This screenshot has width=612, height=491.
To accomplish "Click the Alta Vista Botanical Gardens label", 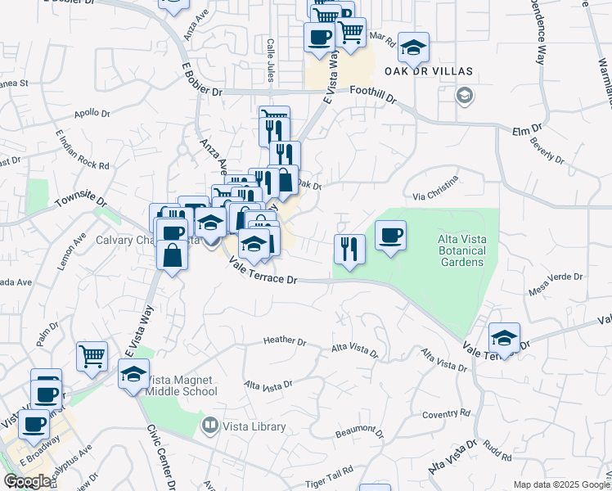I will pos(462,250).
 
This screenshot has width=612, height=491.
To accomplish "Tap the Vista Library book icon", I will pos(210,426).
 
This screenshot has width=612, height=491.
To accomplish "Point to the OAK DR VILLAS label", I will pos(434,71).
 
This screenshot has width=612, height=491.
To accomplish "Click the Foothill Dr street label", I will pos(372,95).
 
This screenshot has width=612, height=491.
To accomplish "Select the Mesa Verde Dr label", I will pos(556,282).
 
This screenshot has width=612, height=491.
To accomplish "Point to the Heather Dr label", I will pos(285,341).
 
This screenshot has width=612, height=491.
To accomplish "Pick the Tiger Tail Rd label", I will pos(331,471).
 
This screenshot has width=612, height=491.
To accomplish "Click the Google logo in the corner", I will pos(27,481).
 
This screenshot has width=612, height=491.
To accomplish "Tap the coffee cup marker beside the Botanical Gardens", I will pos(390,236).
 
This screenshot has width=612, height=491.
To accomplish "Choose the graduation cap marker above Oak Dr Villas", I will pos(413,47).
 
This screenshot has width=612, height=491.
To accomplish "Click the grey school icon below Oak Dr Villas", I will pos(464,96).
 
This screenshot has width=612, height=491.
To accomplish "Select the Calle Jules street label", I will pos(269,60).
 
